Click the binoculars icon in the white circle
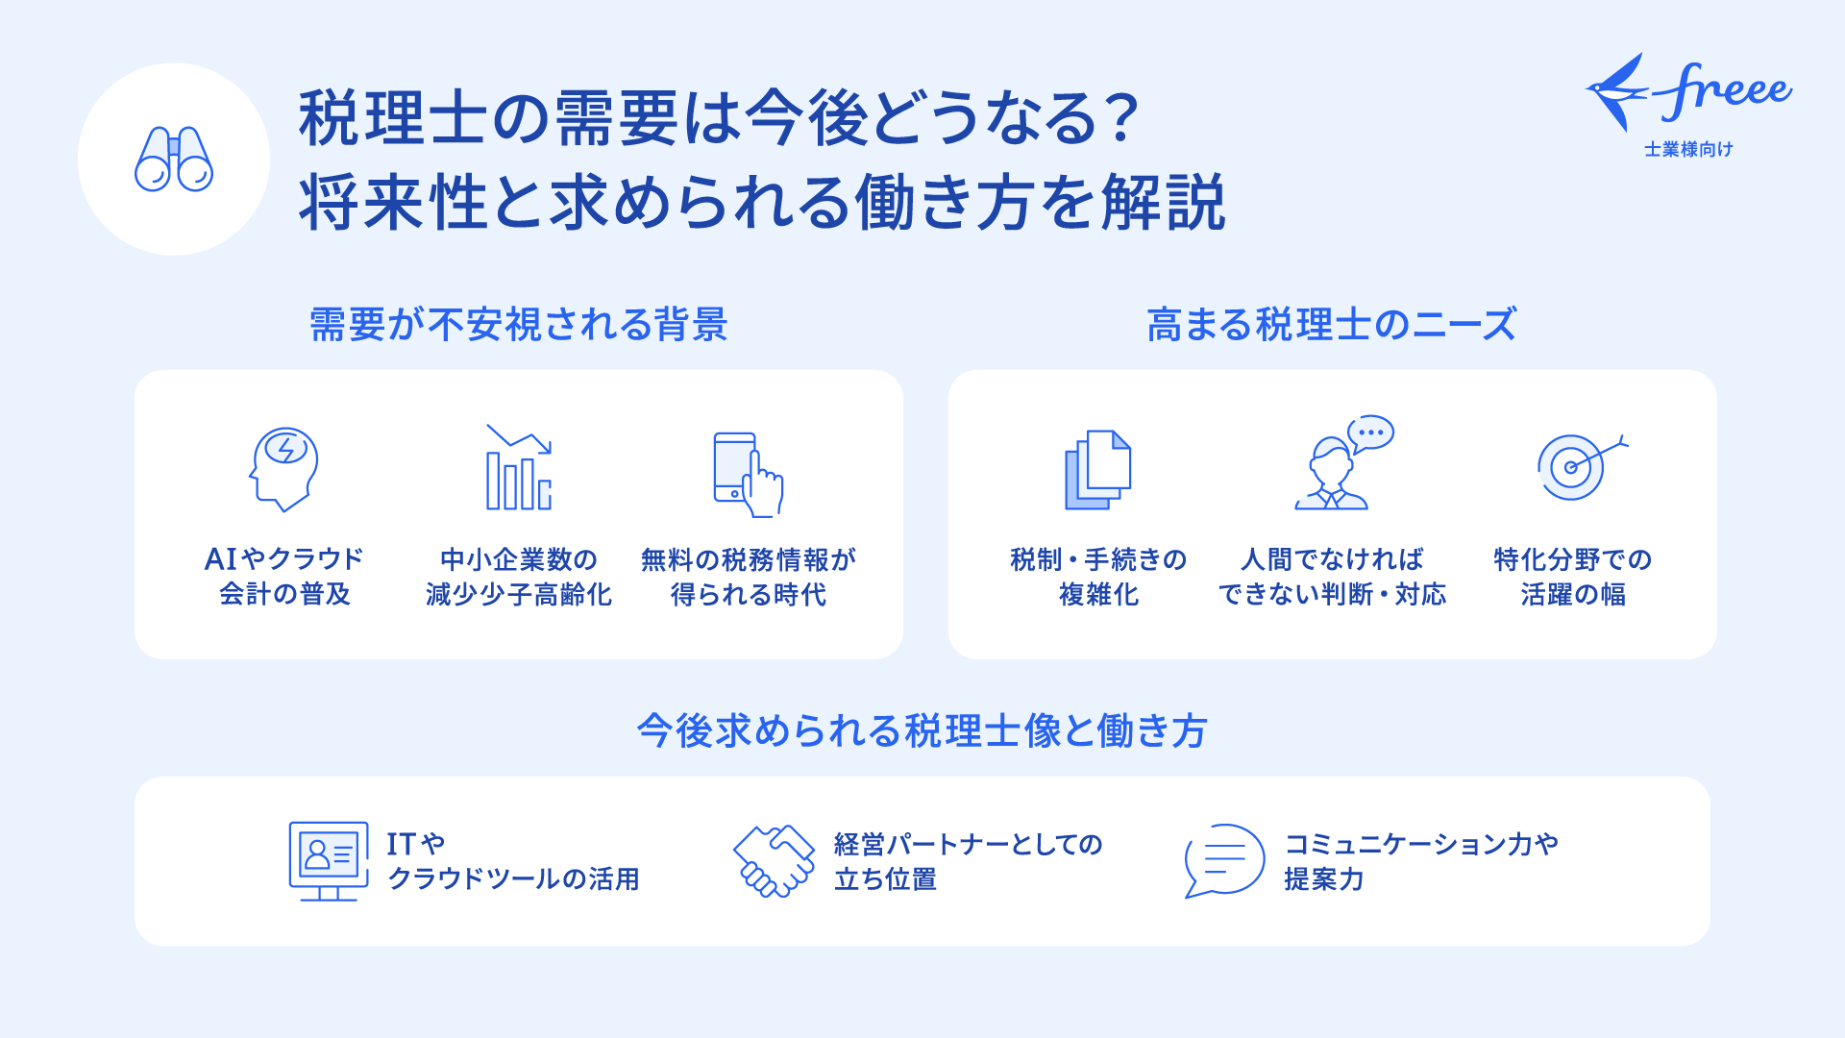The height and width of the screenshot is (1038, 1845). click(174, 160)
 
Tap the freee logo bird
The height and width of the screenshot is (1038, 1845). click(1618, 92)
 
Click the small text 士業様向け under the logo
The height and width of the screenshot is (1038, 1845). click(1688, 149)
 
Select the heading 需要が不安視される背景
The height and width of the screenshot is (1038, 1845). click(518, 325)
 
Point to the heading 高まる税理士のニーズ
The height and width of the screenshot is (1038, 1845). click(1331, 325)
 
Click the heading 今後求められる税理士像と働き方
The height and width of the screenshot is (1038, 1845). click(922, 731)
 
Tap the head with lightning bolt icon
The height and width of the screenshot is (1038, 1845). click(283, 469)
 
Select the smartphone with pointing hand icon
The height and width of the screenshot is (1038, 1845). click(749, 474)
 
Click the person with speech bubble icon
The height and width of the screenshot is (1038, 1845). click(1343, 462)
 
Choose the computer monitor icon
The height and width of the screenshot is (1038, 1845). click(329, 860)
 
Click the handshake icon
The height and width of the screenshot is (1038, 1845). click(775, 860)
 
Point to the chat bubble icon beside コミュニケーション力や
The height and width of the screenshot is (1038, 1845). click(1224, 860)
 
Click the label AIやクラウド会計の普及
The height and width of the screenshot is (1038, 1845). click(284, 577)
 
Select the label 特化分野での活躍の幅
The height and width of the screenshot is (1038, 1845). click(1573, 577)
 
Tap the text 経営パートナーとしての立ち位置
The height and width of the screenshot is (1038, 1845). click(969, 861)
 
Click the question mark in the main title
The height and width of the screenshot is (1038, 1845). click(1120, 119)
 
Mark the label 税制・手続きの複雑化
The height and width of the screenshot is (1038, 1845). click(1098, 577)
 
